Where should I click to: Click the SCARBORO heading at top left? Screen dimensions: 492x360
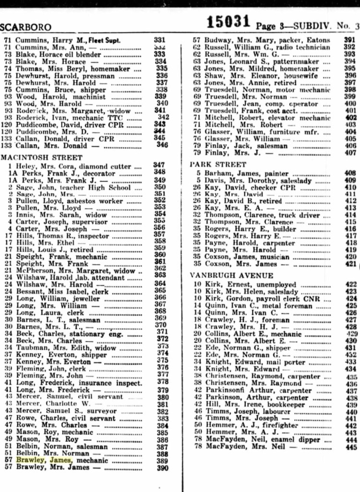[x=26, y=27]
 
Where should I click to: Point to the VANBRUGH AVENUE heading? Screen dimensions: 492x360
[x=231, y=276]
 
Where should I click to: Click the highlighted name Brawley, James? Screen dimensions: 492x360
[x=44, y=460]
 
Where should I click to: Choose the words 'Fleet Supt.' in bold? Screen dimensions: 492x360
[x=103, y=40]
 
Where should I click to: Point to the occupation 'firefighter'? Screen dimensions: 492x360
[x=279, y=425]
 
